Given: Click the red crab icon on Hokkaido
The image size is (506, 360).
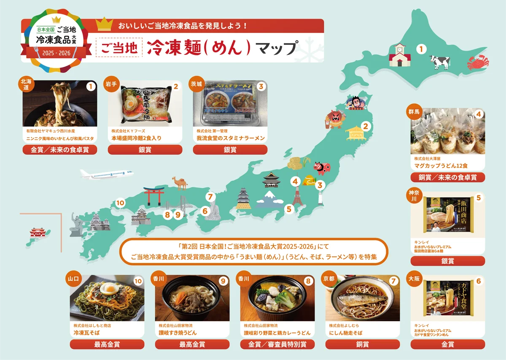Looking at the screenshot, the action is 477,64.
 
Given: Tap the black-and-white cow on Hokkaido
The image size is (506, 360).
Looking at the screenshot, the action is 440,62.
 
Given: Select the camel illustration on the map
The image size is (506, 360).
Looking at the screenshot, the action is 179,183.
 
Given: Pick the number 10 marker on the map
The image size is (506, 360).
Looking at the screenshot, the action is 121,203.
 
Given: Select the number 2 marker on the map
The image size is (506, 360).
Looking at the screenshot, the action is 366,126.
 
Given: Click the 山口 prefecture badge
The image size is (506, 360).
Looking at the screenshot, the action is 73,279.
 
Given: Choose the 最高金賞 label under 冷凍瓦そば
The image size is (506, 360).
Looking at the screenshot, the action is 107,344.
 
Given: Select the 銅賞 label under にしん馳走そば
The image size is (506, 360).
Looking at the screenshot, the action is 363,344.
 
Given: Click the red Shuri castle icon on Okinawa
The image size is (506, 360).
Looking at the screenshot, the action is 35,232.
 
